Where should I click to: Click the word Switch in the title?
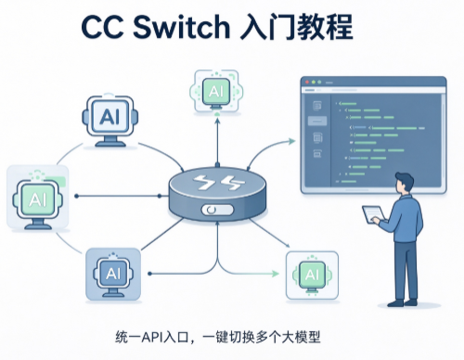click(x=181, y=27)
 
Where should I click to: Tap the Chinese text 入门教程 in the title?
click(x=296, y=27)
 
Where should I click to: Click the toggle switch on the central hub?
click(x=217, y=210)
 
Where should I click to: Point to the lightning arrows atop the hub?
click(x=217, y=182)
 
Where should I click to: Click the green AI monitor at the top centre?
click(x=216, y=92)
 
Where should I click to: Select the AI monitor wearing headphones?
click(x=110, y=120)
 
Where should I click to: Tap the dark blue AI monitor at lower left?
click(x=113, y=274)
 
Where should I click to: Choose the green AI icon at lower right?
click(x=312, y=276)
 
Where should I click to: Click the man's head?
click(x=404, y=183)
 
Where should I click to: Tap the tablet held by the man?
click(x=374, y=214)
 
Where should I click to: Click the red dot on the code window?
click(x=307, y=83)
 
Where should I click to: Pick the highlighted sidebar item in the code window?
click(x=317, y=121)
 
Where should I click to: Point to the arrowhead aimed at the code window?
click(x=291, y=141)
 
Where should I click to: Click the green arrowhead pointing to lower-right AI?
click(x=276, y=274)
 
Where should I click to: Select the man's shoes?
click(x=402, y=302)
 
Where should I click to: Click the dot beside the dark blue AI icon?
click(x=149, y=274)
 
